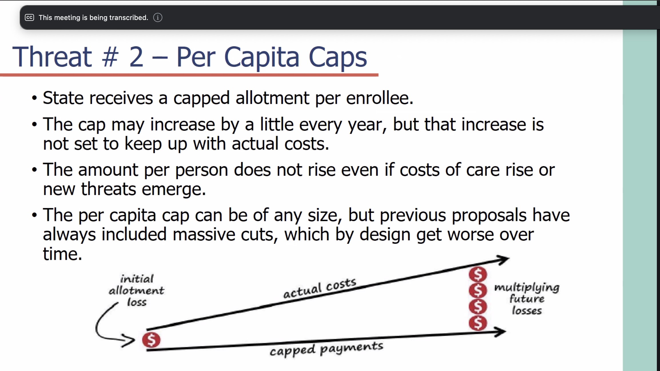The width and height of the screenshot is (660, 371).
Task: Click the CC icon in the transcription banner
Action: coord(29,17)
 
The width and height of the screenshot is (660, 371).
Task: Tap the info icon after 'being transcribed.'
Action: coord(158,17)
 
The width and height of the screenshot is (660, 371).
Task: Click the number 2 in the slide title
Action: coord(136,57)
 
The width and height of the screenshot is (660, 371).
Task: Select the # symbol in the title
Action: coord(110,57)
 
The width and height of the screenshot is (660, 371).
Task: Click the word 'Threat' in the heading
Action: coord(52,57)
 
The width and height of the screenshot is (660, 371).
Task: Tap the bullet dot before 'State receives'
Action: coord(35,98)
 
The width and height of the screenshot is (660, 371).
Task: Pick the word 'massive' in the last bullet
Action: coord(204,234)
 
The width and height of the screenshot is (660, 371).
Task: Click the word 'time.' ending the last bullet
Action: coord(63,254)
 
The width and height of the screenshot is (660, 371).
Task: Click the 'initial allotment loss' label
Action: coord(137,290)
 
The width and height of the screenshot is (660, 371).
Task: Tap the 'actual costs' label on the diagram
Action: coord(320,288)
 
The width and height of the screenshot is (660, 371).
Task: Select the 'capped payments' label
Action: coord(326,349)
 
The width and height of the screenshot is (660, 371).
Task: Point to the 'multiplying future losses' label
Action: coord(527,299)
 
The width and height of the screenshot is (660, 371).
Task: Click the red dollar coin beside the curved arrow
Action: coord(151,340)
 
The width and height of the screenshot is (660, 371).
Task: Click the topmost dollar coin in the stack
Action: coord(478,275)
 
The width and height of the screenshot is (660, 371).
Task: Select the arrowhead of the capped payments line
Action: coord(500,332)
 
